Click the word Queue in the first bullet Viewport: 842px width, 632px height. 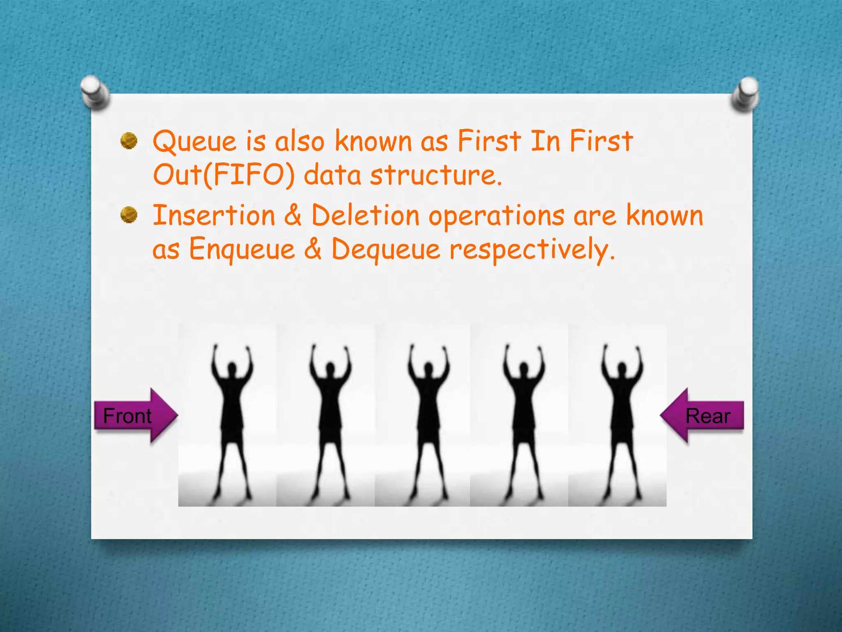tap(194, 142)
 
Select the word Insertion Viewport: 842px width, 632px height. tap(214, 216)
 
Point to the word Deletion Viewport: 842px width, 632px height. tap(365, 216)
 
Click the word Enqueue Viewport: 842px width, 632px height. tap(242, 249)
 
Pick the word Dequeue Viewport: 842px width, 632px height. tap(386, 249)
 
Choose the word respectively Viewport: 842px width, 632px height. tap(532, 250)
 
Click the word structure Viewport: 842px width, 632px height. tap(436, 175)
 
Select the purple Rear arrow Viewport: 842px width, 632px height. tap(703, 416)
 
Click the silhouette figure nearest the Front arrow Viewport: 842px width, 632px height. tap(232, 420)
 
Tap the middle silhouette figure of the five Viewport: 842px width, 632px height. tap(429, 420)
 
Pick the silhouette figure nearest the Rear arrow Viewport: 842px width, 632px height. tap(622, 420)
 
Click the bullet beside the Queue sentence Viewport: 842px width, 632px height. tap(129, 141)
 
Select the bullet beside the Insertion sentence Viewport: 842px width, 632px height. tap(129, 215)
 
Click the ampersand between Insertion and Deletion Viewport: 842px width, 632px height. tap(293, 216)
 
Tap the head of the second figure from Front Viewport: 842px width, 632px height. tap(330, 367)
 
